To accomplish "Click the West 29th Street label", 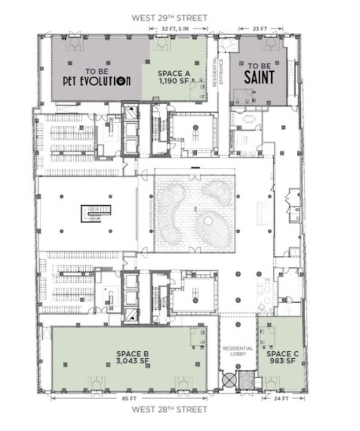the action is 169,18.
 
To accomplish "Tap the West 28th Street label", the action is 169,409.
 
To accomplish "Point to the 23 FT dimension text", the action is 260,29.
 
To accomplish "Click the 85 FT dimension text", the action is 129,398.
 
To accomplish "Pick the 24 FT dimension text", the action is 281,398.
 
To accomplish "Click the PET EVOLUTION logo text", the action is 97,81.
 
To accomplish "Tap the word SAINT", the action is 259,77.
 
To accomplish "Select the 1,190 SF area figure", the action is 174,81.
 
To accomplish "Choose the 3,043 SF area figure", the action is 133,360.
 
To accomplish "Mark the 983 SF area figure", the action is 283,360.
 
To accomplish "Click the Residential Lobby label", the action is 238,351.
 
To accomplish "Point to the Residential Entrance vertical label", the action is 218,72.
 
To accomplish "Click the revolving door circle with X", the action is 230,380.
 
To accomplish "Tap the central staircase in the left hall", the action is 96,213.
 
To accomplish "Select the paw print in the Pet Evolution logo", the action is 120,81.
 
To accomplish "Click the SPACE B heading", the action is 133,354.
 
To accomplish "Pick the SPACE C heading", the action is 283,354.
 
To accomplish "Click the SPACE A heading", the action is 174,74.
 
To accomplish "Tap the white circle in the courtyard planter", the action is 208,220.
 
